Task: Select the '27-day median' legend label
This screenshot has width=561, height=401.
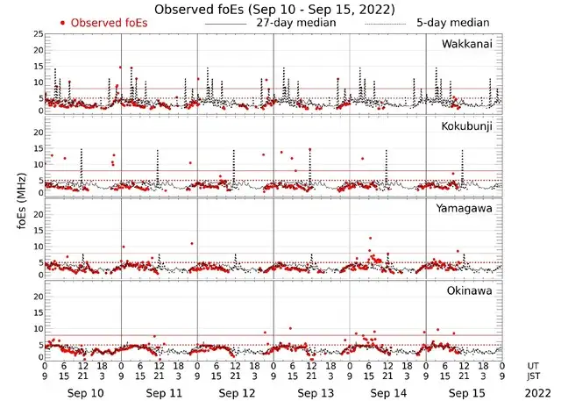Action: [x=296, y=22]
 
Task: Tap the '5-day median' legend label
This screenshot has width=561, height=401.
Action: [x=446, y=22]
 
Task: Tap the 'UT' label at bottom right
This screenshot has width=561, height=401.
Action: [x=533, y=365]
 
